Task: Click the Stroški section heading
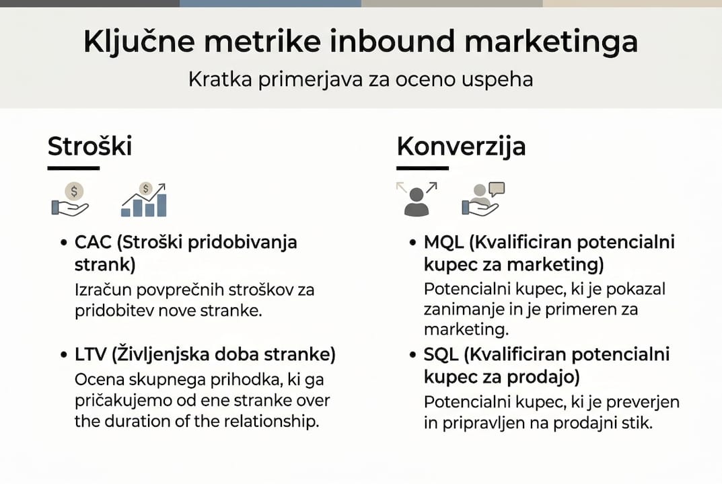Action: tap(89, 146)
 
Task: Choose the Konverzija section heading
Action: tap(461, 146)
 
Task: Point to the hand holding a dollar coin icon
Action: tap(71, 200)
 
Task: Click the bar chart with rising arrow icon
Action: tap(143, 200)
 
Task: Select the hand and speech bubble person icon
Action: tap(483, 200)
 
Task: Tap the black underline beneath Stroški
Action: tap(73, 168)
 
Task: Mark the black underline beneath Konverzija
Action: tap(422, 168)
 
